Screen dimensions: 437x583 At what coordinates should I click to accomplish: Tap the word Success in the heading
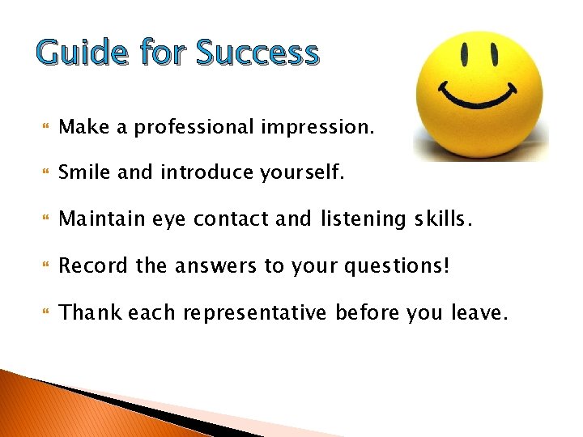tap(258, 53)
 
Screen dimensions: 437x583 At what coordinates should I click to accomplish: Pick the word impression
tap(318, 128)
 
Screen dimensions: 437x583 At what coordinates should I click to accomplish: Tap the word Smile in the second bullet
tap(85, 172)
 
